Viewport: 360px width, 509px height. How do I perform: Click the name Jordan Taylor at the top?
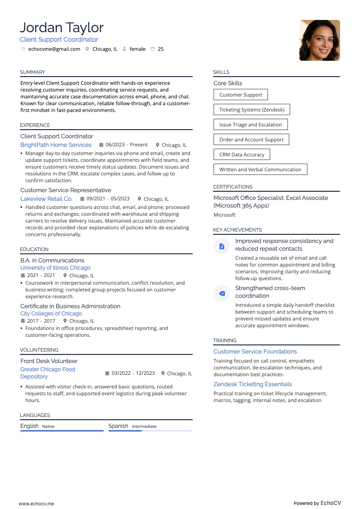pos(62,28)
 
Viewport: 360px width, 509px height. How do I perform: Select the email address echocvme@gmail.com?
pos(54,49)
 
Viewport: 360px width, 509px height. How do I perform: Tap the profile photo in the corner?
pos(319,40)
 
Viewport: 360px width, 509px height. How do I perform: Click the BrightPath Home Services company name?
pos(56,145)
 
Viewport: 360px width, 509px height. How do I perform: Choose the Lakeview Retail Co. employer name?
pos(46,199)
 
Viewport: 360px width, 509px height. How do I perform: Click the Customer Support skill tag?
pos(240,95)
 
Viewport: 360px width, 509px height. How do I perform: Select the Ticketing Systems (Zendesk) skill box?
pos(252,110)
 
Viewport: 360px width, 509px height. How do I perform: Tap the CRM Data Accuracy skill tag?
pos(242,155)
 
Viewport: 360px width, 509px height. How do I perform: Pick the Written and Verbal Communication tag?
pos(260,170)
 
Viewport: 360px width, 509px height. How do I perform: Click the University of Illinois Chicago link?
pos(55,268)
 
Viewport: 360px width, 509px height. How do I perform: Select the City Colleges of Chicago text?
pos(51,314)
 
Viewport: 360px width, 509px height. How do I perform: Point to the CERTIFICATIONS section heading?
pos(233,187)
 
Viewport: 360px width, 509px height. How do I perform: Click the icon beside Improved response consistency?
pos(222,246)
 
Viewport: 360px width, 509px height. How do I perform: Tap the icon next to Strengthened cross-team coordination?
pos(222,293)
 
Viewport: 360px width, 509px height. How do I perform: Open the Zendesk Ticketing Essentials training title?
pos(253,384)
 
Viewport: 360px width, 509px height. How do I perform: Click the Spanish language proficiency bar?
pos(150,431)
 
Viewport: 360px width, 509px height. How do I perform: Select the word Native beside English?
pos(48,427)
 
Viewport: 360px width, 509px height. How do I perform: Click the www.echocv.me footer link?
pos(36,504)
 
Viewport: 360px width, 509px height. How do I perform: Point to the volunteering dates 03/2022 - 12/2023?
pos(133,373)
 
